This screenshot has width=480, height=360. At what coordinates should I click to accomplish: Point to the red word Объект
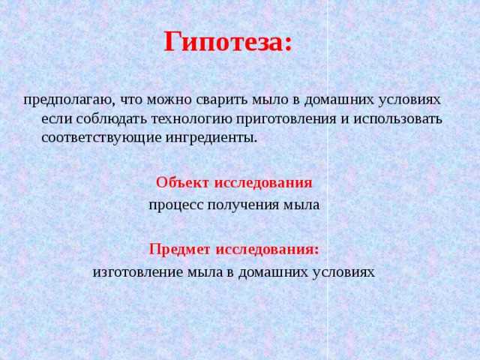point(183,182)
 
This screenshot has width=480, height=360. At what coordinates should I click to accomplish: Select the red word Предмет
point(181,249)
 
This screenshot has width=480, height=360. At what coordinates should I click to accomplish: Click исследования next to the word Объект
point(263,182)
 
